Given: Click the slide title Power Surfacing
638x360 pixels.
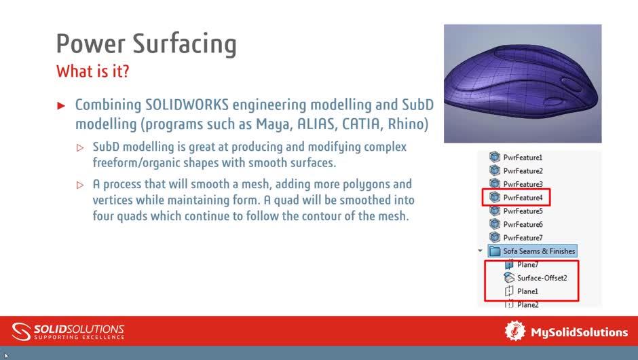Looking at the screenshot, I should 146,43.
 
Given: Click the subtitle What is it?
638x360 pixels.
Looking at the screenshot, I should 92,71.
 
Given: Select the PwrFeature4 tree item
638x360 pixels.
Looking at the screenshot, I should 523,198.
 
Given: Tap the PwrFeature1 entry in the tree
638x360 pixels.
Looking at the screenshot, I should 523,158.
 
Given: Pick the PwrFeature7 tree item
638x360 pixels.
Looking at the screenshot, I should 523,238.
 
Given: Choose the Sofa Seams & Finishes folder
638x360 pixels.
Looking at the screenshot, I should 538,251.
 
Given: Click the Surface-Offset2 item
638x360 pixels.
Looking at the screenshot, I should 542,278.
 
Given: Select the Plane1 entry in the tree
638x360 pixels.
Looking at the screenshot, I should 527,291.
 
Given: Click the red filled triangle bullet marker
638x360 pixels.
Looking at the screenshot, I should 61,106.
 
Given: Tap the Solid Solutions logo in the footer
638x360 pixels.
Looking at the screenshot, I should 69,331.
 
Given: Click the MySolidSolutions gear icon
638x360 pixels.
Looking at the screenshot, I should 515,331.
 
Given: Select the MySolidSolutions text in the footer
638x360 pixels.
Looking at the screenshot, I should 579,332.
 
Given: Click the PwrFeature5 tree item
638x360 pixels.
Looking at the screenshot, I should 523,211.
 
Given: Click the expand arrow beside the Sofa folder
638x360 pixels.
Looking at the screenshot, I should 481,251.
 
